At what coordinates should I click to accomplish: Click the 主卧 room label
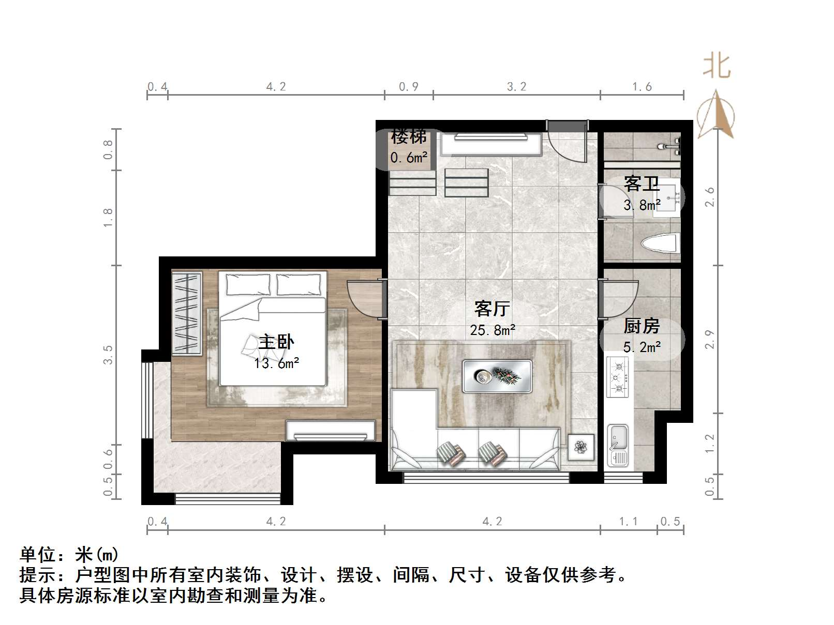click(276, 342)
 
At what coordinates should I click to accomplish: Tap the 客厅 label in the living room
click(492, 309)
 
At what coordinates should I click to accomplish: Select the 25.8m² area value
click(492, 330)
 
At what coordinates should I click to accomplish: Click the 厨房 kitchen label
click(642, 326)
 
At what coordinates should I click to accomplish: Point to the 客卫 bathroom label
click(642, 184)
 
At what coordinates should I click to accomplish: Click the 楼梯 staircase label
click(409, 136)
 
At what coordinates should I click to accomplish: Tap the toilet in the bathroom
click(660, 242)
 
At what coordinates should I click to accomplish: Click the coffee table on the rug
click(497, 376)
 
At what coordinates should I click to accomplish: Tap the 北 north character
click(717, 67)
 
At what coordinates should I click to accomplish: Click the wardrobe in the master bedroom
click(187, 313)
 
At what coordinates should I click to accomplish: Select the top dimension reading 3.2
click(516, 87)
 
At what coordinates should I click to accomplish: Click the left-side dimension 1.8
click(108, 218)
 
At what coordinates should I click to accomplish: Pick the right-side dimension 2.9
click(710, 339)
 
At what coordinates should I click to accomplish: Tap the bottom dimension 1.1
click(628, 522)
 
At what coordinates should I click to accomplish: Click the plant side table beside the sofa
click(581, 447)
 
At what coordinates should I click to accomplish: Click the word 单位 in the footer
click(37, 555)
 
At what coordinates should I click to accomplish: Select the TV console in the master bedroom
click(331, 430)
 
